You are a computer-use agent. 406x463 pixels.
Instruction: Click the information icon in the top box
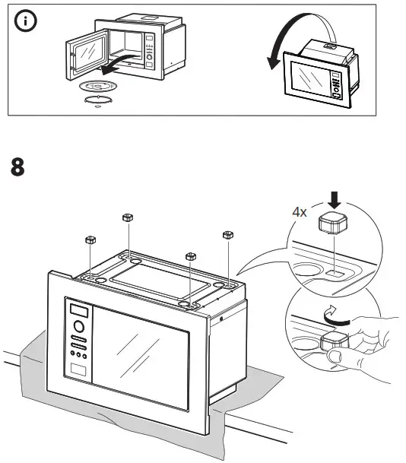27,22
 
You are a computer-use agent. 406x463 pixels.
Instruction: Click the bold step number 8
19,166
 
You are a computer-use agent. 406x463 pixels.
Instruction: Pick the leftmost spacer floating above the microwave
90,241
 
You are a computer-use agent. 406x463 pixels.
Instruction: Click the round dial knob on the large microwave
78,329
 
